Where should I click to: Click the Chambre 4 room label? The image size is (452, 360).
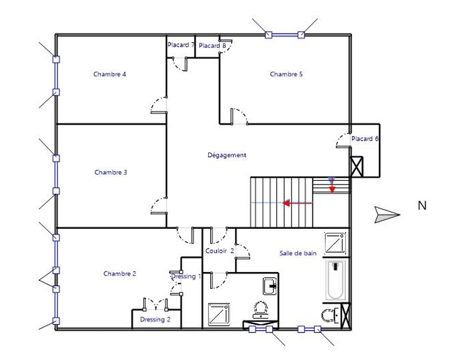110,74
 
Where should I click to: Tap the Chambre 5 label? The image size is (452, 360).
286,74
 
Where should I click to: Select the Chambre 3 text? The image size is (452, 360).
111,172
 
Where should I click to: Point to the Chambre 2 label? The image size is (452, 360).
120,274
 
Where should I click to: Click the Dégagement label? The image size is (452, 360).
227,155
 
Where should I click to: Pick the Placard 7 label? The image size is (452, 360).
180,45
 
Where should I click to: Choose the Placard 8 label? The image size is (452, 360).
213,46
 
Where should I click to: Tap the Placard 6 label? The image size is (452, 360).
365,139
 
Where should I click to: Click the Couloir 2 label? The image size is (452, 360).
220,251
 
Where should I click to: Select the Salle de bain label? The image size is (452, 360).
298,253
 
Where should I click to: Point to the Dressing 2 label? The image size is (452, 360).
156,320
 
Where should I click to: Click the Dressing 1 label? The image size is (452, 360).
186,276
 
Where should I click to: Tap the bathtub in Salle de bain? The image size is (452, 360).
335,280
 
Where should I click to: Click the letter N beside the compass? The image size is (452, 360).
422,205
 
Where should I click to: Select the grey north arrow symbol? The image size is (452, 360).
387,214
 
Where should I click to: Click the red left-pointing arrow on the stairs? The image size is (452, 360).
297,203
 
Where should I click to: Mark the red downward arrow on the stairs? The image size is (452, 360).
332,186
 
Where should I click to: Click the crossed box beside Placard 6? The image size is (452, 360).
356,167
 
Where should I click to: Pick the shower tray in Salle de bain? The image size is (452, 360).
335,243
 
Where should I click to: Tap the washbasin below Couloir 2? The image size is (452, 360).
270,286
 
